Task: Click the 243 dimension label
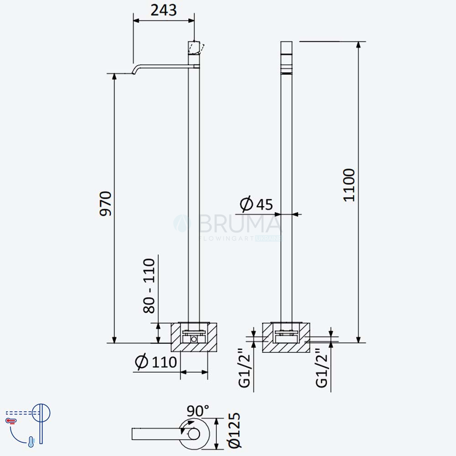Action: tap(163, 10)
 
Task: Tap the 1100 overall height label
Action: tap(349, 185)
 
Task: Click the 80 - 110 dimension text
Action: tap(149, 286)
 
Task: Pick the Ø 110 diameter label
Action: tap(156, 362)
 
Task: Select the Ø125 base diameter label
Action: tap(234, 430)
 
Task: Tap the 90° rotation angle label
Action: tap(198, 411)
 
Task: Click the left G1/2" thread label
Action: tap(244, 368)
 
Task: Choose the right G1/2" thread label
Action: tap(321, 368)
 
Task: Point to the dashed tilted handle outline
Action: tap(201, 48)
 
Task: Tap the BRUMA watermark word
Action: tap(239, 224)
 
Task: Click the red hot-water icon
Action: tap(11, 420)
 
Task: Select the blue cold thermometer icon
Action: tap(31, 441)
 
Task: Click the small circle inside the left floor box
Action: tap(194, 339)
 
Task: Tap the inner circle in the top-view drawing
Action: tap(194, 434)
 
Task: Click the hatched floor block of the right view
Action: tap(286, 337)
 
